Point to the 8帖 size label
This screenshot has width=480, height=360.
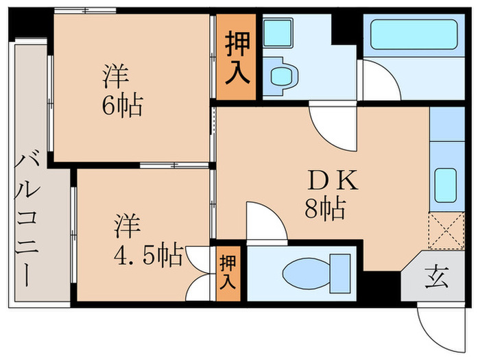point(324,208)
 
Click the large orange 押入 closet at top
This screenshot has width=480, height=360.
point(238,58)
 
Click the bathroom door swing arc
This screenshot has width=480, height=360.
point(379,80)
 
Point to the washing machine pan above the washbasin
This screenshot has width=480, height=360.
point(278,32)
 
